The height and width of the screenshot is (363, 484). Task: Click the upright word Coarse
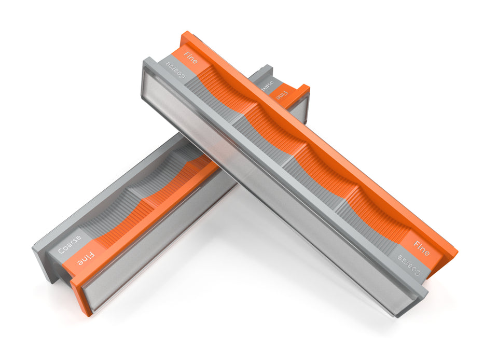click(69, 244)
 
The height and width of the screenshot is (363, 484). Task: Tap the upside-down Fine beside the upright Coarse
click(86, 258)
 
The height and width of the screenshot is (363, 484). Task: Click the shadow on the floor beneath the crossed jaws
click(259, 290)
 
